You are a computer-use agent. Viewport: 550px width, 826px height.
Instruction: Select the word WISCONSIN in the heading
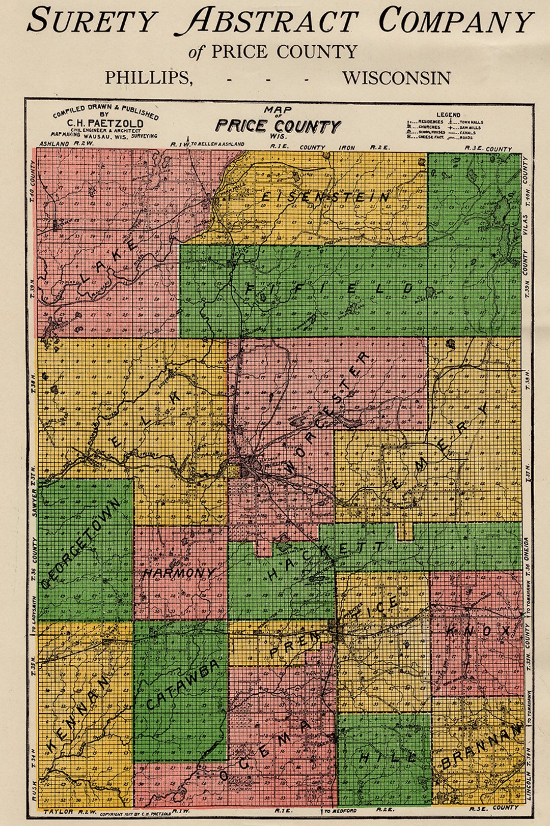[396, 78]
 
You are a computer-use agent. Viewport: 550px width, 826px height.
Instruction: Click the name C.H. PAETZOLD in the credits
[105, 124]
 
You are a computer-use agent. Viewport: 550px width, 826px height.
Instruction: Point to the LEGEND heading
[448, 115]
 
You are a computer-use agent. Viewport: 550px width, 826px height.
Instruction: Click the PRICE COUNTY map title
[278, 126]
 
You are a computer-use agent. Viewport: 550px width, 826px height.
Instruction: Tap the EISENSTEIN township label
[325, 197]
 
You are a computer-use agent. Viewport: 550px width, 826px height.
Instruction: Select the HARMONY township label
[179, 573]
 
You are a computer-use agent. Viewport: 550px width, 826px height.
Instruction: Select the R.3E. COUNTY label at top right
[488, 149]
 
